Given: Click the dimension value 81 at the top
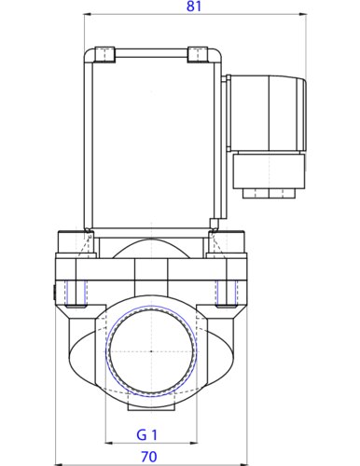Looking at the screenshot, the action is (194, 7).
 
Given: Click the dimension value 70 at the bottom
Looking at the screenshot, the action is (149, 457).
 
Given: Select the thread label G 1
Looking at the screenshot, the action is (147, 434).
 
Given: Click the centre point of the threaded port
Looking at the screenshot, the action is (151, 351).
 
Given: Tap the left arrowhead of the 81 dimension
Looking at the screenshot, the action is (88, 14).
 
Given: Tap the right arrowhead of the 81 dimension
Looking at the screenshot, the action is (303, 14).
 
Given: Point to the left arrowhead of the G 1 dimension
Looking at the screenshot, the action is (109, 443).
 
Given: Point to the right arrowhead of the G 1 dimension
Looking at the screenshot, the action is (193, 443).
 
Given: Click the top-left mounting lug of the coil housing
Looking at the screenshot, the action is (105, 55).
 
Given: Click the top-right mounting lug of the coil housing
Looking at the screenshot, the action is (198, 55).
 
